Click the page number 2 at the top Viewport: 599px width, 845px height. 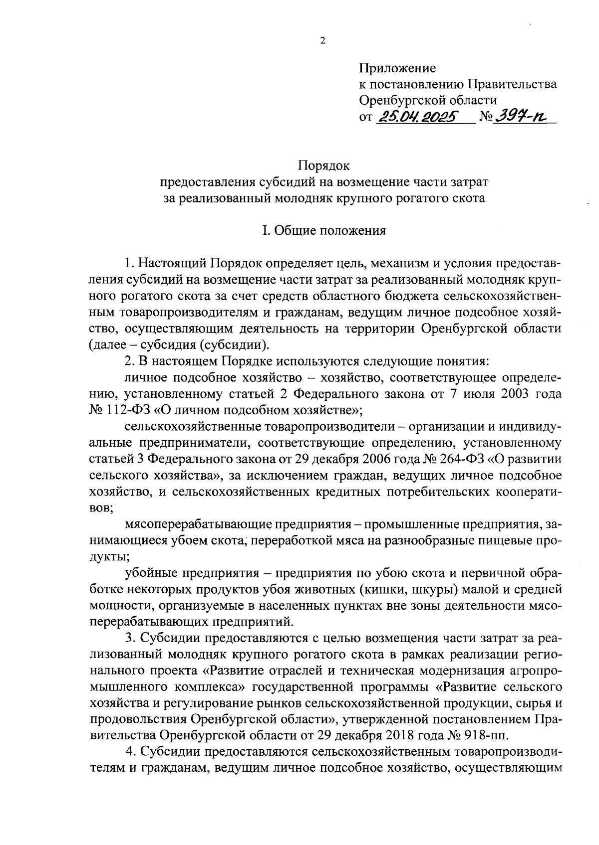[322, 41]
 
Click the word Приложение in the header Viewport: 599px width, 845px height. [397, 68]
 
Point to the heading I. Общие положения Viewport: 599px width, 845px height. [324, 230]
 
